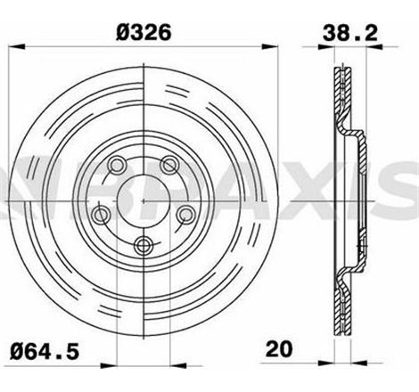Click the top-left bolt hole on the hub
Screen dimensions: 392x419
tap(116, 164)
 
